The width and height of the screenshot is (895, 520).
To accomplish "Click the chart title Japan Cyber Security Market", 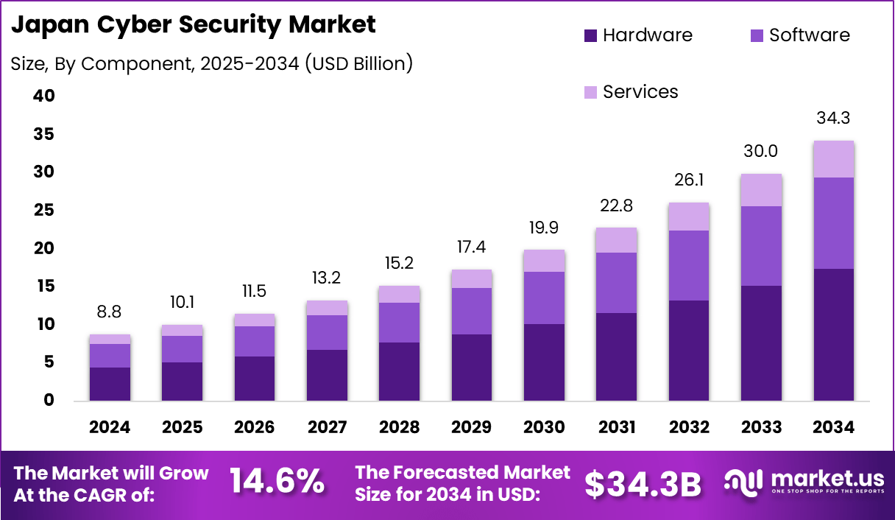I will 194,24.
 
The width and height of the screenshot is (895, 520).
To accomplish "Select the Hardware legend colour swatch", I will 591,35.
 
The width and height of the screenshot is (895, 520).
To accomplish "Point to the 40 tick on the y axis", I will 43,96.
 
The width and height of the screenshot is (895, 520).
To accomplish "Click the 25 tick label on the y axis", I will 43,211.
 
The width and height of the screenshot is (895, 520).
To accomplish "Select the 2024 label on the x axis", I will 110,428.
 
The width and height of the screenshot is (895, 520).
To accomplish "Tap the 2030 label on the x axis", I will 544,428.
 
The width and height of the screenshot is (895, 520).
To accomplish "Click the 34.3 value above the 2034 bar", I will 833,118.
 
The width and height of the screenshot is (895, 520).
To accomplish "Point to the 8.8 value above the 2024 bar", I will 110,312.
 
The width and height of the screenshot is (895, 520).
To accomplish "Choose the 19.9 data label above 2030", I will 544,228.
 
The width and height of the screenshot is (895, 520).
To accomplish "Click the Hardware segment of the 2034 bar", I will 833,335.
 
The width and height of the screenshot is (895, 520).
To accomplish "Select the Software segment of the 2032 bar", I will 689,265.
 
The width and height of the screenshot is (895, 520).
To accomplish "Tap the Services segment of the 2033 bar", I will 761,190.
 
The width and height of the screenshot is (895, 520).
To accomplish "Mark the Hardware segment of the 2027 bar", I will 327,375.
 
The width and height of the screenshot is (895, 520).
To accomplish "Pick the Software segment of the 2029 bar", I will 472,311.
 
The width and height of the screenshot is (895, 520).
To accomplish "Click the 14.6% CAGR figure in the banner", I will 277,482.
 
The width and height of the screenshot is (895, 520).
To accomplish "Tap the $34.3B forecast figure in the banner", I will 643,483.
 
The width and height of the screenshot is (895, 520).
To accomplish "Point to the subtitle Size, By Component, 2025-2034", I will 212,64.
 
